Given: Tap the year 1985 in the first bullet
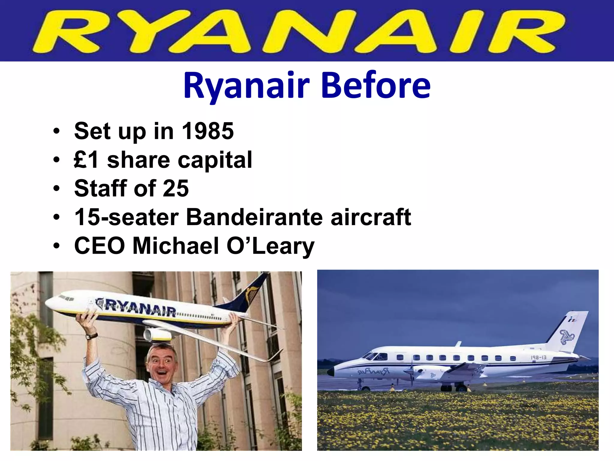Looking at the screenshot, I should (x=208, y=131).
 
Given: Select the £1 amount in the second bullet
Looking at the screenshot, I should (x=86, y=160).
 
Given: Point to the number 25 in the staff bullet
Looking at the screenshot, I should (x=176, y=188).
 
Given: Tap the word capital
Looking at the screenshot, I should (x=215, y=160).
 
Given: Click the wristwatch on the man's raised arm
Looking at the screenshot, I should (x=92, y=336).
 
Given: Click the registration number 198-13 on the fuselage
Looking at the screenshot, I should (x=538, y=357).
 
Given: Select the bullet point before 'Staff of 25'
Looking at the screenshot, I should (x=57, y=188).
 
